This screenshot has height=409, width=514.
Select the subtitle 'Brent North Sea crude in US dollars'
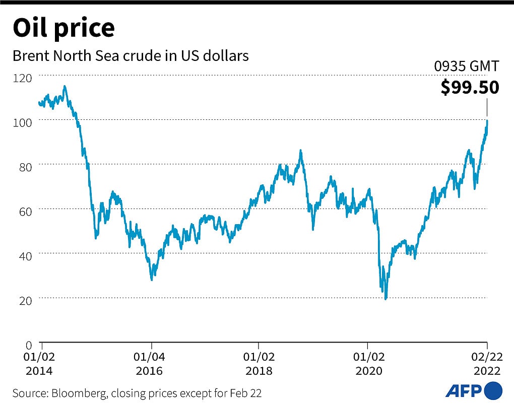click(x=131, y=56)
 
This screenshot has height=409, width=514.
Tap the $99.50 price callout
click(x=470, y=87)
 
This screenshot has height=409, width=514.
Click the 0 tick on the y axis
click(x=28, y=345)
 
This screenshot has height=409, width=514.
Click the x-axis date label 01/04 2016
click(x=149, y=364)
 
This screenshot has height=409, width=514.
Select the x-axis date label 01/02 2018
click(x=259, y=364)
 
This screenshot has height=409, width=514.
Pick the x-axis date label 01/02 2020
click(x=368, y=364)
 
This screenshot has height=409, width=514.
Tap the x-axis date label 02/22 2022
click(x=486, y=364)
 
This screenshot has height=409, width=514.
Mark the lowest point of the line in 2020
click(x=386, y=299)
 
